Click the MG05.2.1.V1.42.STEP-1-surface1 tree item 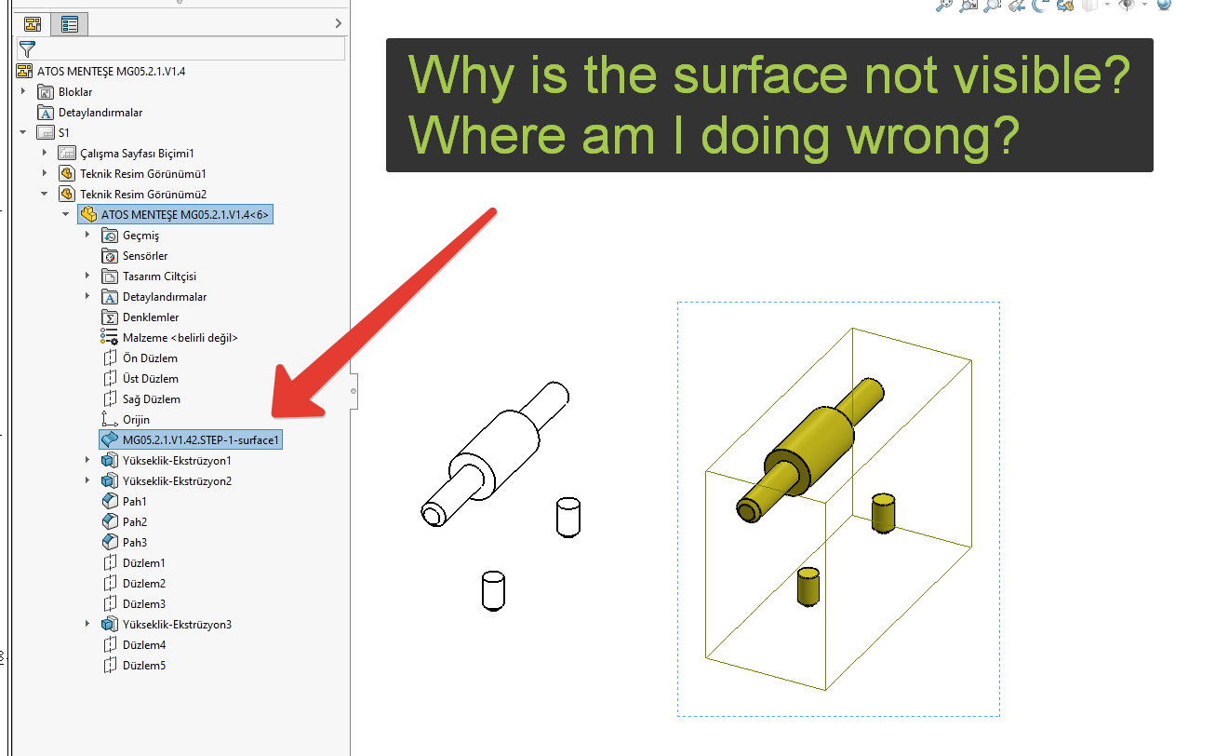[191, 439]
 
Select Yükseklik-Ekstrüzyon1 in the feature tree [166, 460]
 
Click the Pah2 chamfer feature [125, 521]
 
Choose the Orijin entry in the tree [126, 420]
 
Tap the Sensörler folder [135, 256]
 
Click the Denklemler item [140, 317]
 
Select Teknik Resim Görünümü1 [132, 174]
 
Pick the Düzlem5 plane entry [134, 665]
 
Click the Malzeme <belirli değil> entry [169, 338]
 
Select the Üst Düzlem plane [140, 378]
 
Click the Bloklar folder [64, 92]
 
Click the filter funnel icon [27, 49]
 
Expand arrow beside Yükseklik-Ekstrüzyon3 [87, 624]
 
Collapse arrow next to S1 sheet [22, 132]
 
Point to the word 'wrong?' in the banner [933, 136]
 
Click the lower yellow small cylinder [808, 587]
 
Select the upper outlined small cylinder [567, 518]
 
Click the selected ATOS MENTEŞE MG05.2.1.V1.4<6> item [175, 214]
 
